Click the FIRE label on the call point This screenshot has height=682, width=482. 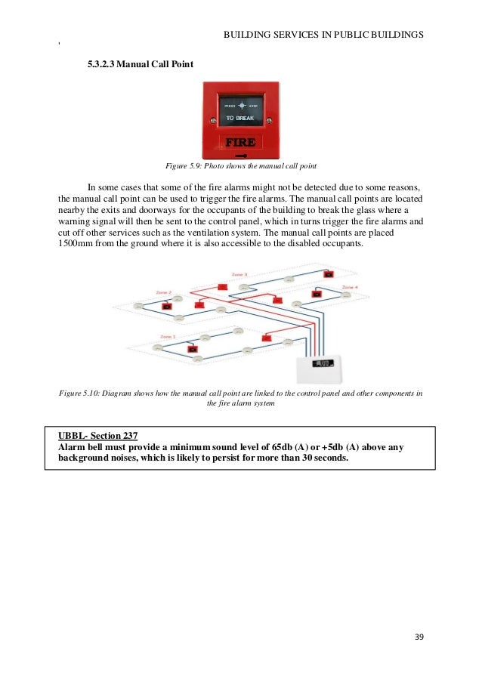coord(241,141)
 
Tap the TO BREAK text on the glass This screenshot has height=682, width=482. coord(240,119)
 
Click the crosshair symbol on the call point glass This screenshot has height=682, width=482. coord(241,106)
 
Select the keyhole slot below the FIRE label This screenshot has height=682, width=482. coord(241,153)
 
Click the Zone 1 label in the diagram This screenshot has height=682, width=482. coord(168,337)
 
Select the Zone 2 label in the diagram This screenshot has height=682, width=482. coord(163,292)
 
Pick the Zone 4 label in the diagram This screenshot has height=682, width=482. coord(349,288)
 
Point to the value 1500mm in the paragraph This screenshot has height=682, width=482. coord(76,243)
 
